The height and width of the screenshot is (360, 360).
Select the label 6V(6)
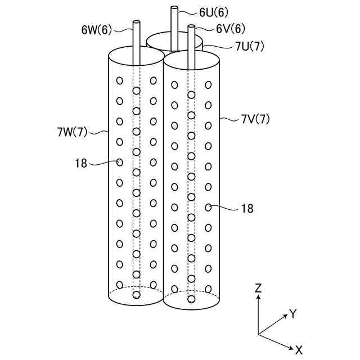(x=230, y=28)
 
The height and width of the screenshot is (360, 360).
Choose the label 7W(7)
(x=72, y=132)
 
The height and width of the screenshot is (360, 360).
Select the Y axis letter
(x=292, y=314)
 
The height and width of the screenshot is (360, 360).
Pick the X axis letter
(x=298, y=350)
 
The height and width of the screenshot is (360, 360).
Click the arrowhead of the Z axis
(x=258, y=298)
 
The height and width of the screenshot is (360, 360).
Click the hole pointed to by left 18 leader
(x=119, y=162)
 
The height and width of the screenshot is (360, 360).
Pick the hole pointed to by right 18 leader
(x=208, y=208)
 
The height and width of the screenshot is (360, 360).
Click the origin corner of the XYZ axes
(x=258, y=335)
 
